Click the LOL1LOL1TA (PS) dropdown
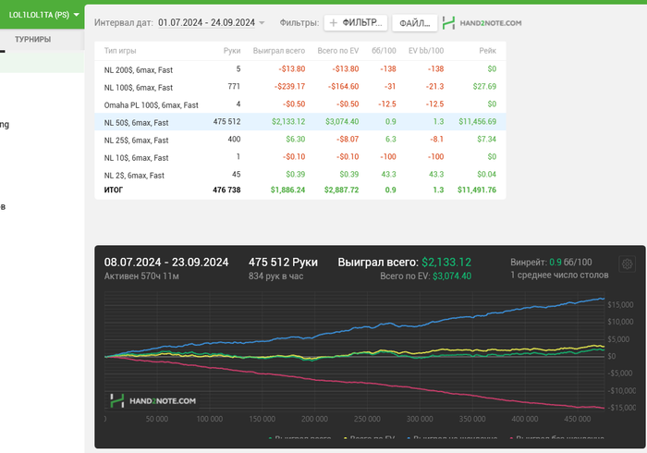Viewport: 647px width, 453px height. tap(43, 15)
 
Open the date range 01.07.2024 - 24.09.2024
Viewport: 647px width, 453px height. tap(212, 22)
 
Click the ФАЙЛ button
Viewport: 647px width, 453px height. tap(414, 22)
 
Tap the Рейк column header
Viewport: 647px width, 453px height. tap(487, 51)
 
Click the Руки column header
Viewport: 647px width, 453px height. tap(232, 51)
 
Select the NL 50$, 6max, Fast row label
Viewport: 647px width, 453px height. tap(137, 122)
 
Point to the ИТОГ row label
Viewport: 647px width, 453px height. tap(114, 190)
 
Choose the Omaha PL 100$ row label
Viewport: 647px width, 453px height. tap(152, 104)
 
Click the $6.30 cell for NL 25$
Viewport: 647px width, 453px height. tap(296, 140)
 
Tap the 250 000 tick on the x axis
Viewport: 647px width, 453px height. tap(315, 418)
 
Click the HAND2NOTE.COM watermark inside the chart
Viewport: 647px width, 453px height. tap(153, 400)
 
